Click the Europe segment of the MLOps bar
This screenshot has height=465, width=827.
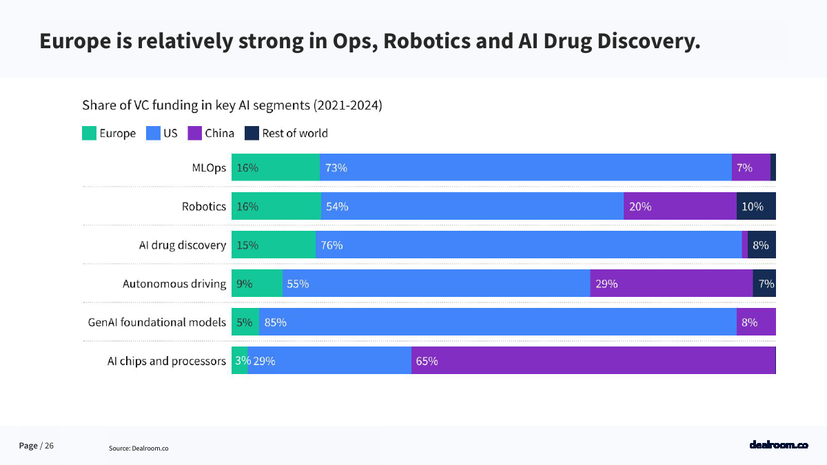(276, 167)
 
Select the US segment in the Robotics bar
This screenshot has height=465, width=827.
(472, 206)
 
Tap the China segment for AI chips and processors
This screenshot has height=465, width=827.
(593, 360)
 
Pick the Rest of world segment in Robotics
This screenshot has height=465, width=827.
(756, 206)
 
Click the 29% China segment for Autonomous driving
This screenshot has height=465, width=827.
(671, 283)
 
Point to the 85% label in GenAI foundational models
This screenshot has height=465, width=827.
(275, 322)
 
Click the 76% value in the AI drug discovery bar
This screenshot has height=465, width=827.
(331, 245)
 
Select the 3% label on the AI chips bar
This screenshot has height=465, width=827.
(242, 361)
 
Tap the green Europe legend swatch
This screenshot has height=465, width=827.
(89, 134)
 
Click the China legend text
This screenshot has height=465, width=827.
(219, 134)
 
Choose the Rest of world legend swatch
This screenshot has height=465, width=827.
(252, 134)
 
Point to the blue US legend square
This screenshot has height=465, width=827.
(153, 134)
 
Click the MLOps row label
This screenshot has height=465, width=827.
(209, 168)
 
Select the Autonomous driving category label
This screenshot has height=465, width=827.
(174, 284)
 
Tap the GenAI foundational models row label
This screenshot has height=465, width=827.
(157, 322)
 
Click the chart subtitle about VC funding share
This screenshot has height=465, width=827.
(232, 105)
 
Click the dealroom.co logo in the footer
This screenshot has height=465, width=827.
(778, 445)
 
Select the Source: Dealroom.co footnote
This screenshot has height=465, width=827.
(139, 448)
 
